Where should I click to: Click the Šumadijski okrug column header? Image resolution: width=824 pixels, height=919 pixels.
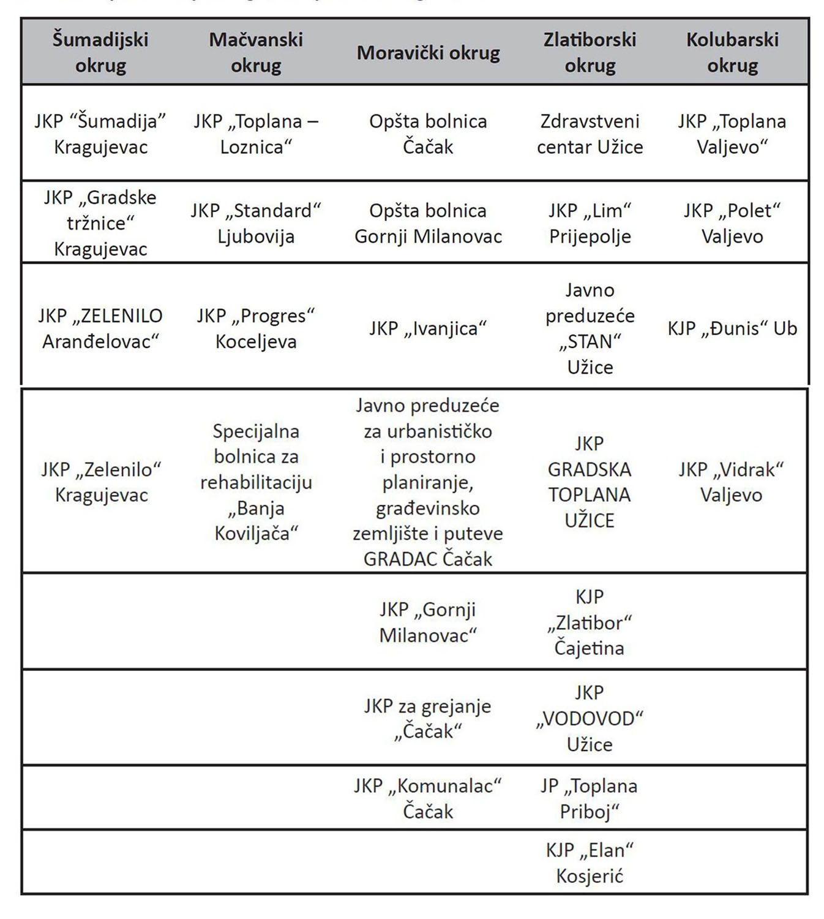(100, 53)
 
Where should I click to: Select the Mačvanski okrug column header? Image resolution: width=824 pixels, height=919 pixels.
(256, 53)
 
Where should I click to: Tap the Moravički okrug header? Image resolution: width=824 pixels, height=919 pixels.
(428, 53)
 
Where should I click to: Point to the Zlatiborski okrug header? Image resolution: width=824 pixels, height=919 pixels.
(590, 53)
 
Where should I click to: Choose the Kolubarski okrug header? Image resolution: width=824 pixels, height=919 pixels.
(732, 53)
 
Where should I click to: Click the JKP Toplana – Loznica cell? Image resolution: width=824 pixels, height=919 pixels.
(256, 134)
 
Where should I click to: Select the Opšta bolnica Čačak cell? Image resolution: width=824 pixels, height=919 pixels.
(428, 134)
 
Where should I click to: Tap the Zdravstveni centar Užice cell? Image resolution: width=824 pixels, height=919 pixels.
(590, 134)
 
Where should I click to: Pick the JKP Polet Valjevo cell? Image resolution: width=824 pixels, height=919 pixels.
(732, 224)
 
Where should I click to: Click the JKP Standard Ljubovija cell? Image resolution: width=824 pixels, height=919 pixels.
(256, 224)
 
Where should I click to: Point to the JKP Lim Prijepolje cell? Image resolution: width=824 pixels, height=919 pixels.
(590, 224)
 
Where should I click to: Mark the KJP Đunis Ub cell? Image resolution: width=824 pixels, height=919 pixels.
(732, 328)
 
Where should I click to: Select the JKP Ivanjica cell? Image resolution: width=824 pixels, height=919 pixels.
(428, 328)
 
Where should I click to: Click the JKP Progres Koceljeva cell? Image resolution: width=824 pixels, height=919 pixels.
(256, 328)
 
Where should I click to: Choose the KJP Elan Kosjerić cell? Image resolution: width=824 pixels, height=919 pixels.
(590, 863)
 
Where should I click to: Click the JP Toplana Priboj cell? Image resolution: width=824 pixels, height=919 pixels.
(590, 799)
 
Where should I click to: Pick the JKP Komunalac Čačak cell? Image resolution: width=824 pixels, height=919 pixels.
(428, 799)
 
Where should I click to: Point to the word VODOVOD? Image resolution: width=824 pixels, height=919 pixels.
(590, 719)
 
